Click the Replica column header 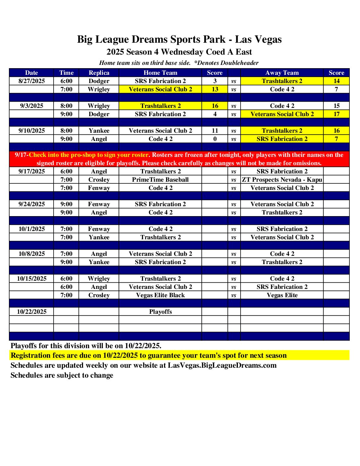(99, 73)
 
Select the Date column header (31, 73)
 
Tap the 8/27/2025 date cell (31, 81)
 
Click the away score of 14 (336, 81)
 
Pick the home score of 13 (215, 89)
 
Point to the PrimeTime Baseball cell (160, 180)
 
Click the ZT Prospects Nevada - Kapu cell (282, 180)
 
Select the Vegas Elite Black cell (160, 295)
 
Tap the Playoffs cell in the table (160, 312)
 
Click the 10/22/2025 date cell (31, 312)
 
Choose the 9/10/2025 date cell (31, 131)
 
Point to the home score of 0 (215, 139)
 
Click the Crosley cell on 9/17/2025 (99, 180)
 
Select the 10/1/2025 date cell (31, 229)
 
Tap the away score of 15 (336, 106)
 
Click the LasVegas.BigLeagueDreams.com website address (222, 365)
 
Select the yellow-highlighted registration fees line (149, 355)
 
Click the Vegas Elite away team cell (282, 295)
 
